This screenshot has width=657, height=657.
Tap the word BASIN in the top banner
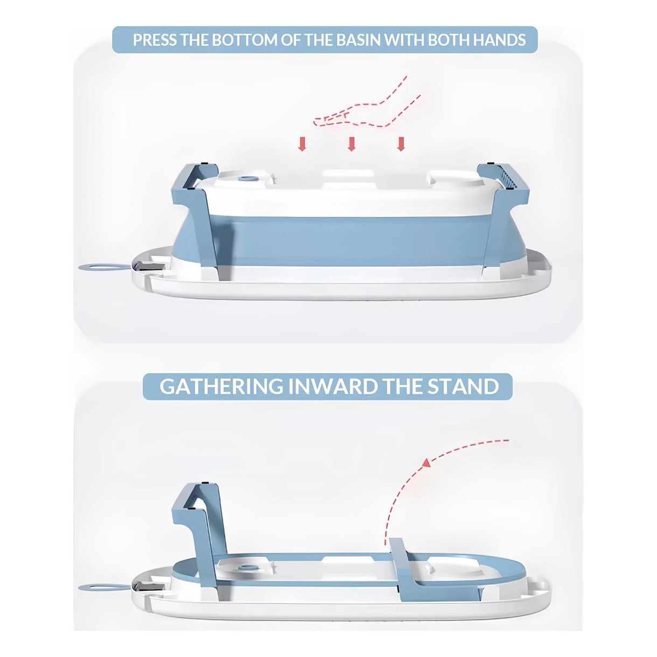click(x=358, y=40)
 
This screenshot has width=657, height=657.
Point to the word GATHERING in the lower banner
click(x=221, y=386)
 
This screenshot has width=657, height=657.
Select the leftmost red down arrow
click(x=302, y=144)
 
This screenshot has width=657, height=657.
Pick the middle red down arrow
click(x=352, y=144)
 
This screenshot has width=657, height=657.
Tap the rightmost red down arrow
click(x=401, y=144)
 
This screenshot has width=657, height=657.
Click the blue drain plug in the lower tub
click(x=248, y=568)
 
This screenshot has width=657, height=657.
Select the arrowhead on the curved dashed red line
click(x=426, y=463)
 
